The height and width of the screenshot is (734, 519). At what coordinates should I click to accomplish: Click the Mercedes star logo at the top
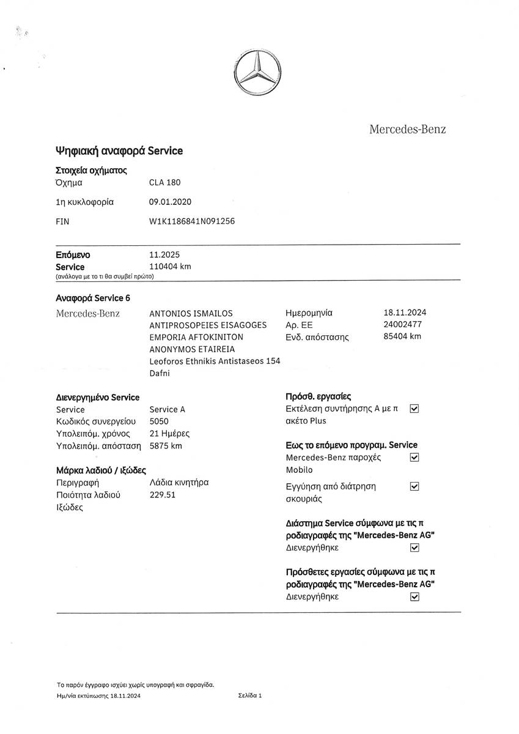click(259, 73)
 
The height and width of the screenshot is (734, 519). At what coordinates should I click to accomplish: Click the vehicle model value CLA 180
click(165, 182)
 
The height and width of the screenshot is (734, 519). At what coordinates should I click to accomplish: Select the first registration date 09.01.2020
click(170, 202)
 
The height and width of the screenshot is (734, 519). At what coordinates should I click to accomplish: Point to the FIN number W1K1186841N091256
click(192, 221)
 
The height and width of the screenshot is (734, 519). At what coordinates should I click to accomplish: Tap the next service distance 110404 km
click(170, 266)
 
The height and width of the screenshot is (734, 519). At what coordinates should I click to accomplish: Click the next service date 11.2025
click(164, 254)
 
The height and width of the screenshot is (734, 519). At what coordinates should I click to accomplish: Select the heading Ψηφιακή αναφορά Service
click(119, 150)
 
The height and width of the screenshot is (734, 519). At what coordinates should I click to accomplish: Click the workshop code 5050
click(159, 421)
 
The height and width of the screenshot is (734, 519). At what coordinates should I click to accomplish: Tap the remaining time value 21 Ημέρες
click(169, 434)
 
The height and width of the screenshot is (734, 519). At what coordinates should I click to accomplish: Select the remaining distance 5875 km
click(166, 445)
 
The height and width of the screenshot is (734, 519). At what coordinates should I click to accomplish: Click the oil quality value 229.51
click(163, 494)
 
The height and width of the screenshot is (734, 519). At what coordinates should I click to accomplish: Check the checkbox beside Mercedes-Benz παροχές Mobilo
click(414, 457)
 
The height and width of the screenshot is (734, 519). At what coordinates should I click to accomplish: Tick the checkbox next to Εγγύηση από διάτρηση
click(414, 486)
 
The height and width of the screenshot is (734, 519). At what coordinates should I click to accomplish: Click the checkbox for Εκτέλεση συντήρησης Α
click(414, 408)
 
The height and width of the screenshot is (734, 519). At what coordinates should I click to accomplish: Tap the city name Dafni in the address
click(160, 373)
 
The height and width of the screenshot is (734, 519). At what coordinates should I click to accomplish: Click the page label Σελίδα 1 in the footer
click(250, 695)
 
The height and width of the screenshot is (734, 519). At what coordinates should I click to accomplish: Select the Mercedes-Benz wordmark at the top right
click(407, 129)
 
